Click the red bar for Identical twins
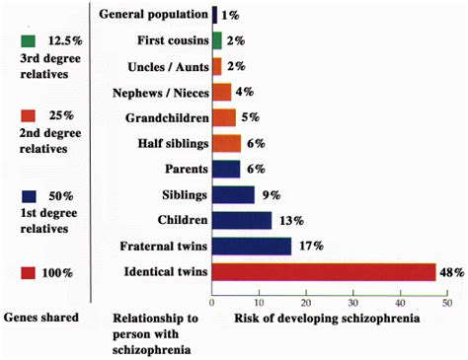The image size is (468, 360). click(x=324, y=271)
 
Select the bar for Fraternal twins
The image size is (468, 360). click(x=252, y=246)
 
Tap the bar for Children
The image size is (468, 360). click(x=242, y=220)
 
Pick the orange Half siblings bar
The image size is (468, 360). click(x=226, y=144)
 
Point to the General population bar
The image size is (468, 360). click(x=214, y=15)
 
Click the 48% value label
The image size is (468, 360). click(x=451, y=271)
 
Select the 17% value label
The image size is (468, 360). click(x=308, y=246)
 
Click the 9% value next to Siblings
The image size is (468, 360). click(x=268, y=194)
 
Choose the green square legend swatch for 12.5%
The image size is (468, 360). click(x=27, y=40)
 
